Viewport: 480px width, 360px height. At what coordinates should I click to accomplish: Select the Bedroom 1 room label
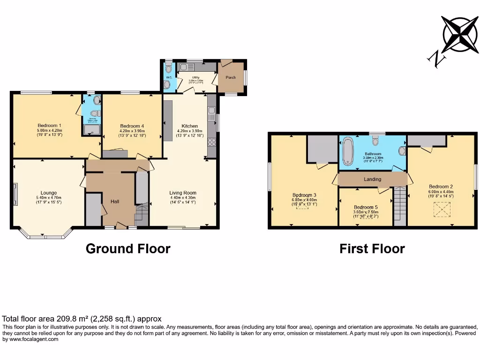pyautogui.click(x=50, y=125)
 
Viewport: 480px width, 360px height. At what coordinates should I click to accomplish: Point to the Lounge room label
pyautogui.click(x=49, y=193)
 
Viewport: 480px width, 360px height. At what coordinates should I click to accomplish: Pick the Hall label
pyautogui.click(x=114, y=201)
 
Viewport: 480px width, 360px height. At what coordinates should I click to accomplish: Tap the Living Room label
pyautogui.click(x=183, y=193)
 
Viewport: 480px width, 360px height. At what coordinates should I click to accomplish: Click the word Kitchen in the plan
pyautogui.click(x=190, y=126)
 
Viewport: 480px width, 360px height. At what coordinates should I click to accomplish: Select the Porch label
pyautogui.click(x=231, y=77)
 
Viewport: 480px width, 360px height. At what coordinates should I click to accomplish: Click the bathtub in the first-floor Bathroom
pyautogui.click(x=347, y=151)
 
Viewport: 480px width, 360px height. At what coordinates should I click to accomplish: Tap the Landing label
pyautogui.click(x=373, y=179)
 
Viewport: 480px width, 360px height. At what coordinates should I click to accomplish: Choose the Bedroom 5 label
pyautogui.click(x=365, y=207)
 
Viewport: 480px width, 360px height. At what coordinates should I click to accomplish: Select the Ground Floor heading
pyautogui.click(x=128, y=248)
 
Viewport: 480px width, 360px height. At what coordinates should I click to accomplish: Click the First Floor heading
pyautogui.click(x=372, y=248)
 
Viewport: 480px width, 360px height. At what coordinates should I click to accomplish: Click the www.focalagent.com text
pyautogui.click(x=31, y=339)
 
